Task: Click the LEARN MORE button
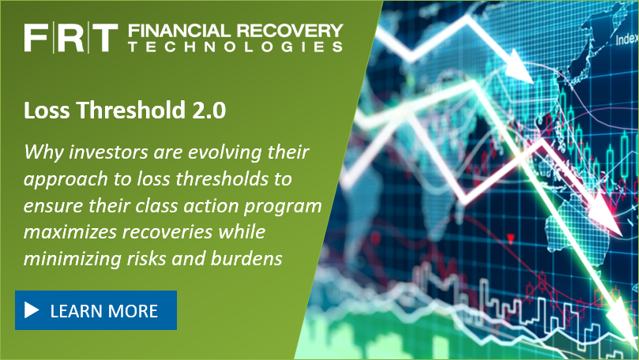point(96,310)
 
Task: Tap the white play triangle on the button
point(32,310)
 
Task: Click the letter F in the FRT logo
point(36,38)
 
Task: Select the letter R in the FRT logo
point(69,38)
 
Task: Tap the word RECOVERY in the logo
point(290,31)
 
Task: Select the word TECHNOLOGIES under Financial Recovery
point(235,47)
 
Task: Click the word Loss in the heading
point(47,110)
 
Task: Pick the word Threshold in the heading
point(131,110)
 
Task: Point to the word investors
point(108,152)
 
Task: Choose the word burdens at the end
point(246,258)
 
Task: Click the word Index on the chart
point(627,39)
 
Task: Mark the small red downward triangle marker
point(510,239)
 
